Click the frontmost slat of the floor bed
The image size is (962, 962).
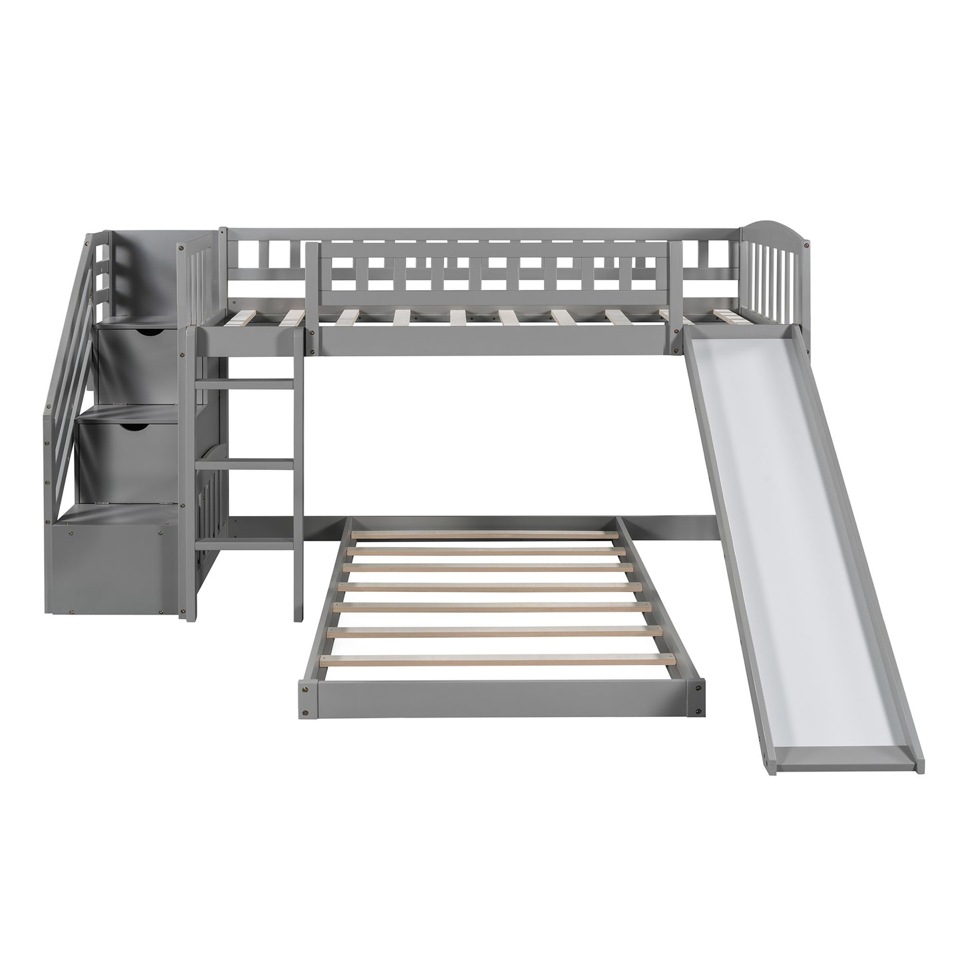point(499,660)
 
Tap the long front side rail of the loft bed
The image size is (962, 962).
point(493,341)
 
